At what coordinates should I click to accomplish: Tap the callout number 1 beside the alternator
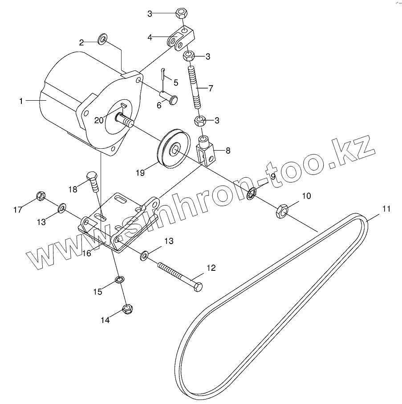pyautogui.click(x=21, y=101)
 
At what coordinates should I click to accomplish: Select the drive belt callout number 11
pyautogui.click(x=386, y=208)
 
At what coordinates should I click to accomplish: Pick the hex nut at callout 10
pyautogui.click(x=282, y=211)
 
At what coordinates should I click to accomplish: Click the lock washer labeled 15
pyautogui.click(x=119, y=280)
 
